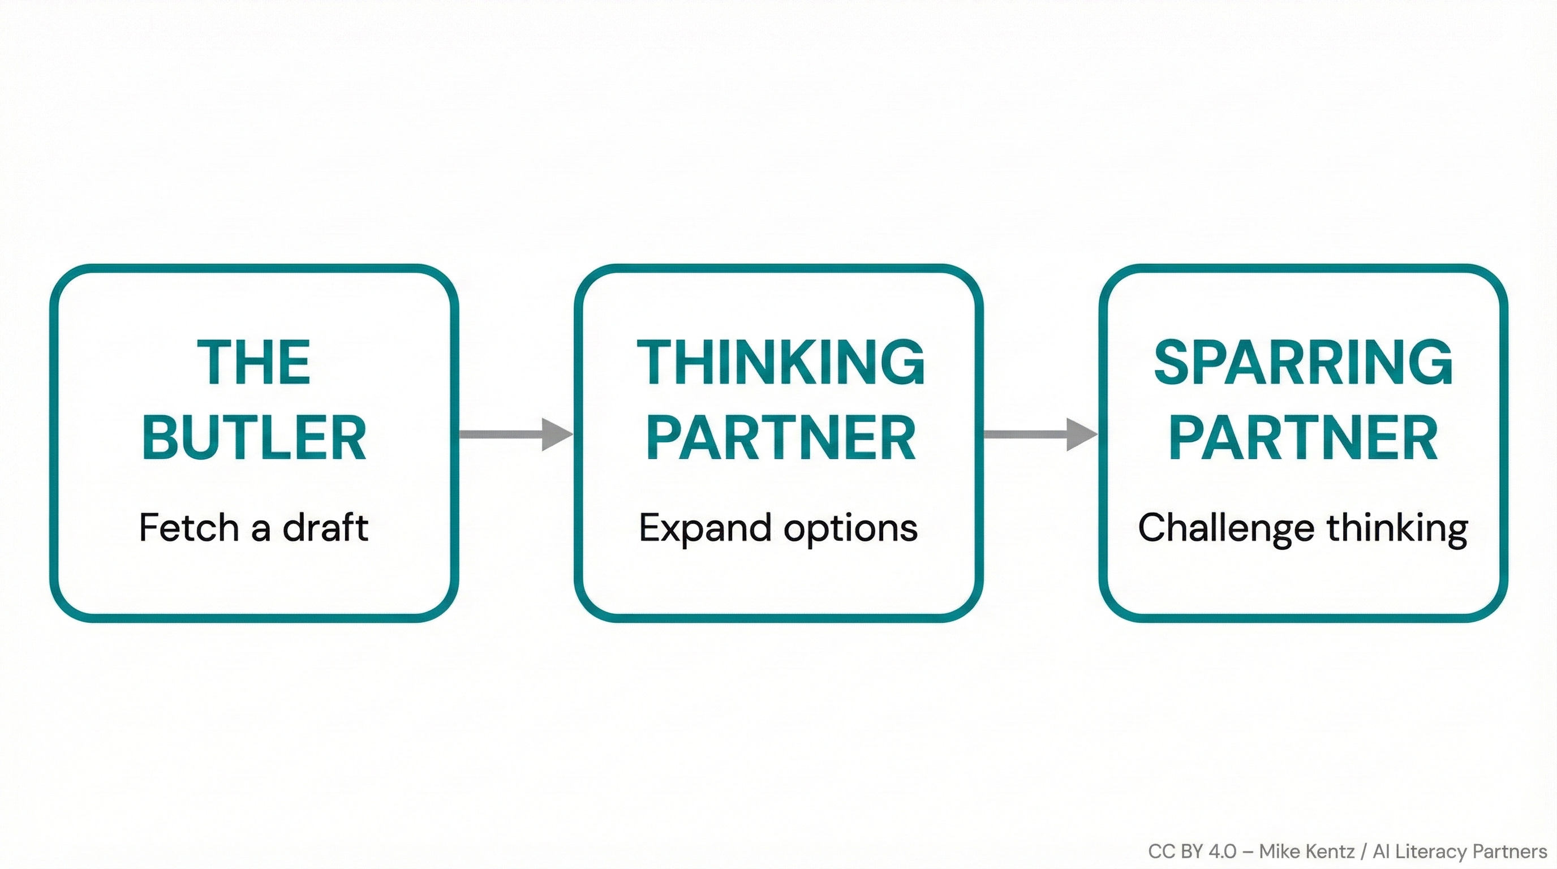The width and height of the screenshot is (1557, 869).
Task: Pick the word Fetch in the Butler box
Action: click(188, 527)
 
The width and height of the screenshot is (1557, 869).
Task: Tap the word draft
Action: click(325, 527)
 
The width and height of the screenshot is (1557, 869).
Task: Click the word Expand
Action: click(705, 527)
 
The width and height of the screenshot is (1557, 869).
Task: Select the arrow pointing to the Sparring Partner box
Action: click(1040, 434)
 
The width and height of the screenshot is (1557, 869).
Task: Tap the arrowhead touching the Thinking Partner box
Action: click(556, 434)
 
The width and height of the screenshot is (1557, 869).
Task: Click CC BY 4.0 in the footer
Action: click(1192, 851)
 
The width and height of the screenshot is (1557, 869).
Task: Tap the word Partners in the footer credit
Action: click(1510, 851)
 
